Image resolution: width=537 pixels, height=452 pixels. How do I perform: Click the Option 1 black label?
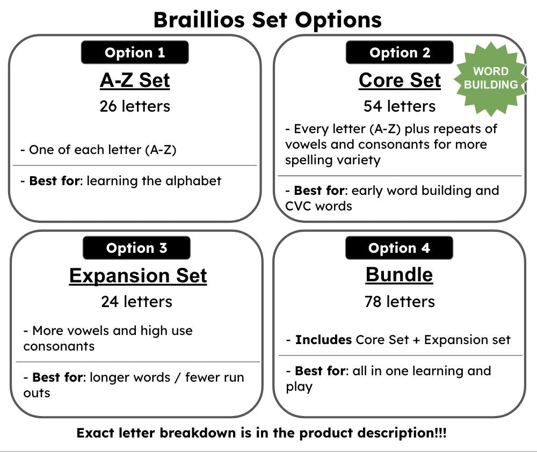135,53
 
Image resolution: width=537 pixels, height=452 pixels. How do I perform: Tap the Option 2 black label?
400,53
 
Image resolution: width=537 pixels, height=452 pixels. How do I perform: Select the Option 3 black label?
136,248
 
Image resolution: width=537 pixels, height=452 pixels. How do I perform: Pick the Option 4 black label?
399,248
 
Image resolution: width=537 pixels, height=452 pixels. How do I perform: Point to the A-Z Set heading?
135,80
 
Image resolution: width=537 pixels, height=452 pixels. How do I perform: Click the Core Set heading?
400,80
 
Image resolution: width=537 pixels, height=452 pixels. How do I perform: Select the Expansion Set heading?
138,275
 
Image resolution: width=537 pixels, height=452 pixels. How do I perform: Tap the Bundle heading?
399,274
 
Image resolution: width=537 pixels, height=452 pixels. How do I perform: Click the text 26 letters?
135,106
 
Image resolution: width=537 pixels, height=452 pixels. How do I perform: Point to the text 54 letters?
399,106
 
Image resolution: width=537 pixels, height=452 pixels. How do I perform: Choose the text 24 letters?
136,302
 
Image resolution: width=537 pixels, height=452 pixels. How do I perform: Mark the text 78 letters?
399,302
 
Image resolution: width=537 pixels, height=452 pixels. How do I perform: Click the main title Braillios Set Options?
267,20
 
